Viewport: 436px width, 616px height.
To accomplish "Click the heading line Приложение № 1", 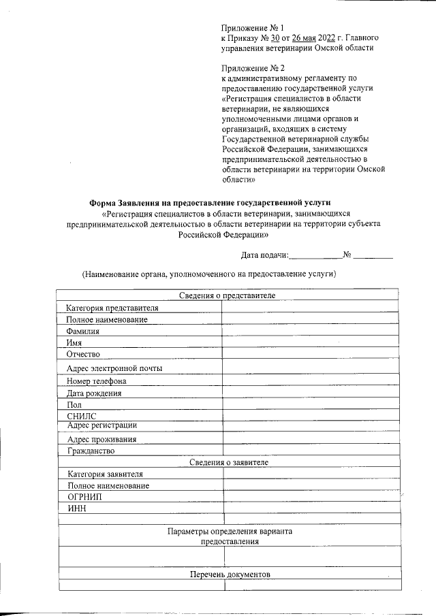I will click(252, 27).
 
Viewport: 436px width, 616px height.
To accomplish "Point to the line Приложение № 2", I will click(252, 68).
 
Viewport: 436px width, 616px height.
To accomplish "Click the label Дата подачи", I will click(264, 255).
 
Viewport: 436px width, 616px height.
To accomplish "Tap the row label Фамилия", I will click(82, 331).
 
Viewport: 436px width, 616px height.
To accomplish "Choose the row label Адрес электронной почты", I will click(114, 368).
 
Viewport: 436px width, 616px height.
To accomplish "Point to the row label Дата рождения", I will click(94, 393).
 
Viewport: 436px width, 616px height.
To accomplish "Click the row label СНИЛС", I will click(82, 416).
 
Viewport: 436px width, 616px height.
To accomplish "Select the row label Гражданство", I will click(91, 451).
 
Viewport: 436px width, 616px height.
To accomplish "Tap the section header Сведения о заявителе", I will click(229, 462).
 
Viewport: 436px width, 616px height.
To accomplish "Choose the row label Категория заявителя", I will click(106, 474).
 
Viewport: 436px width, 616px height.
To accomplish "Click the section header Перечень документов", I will click(230, 574).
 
